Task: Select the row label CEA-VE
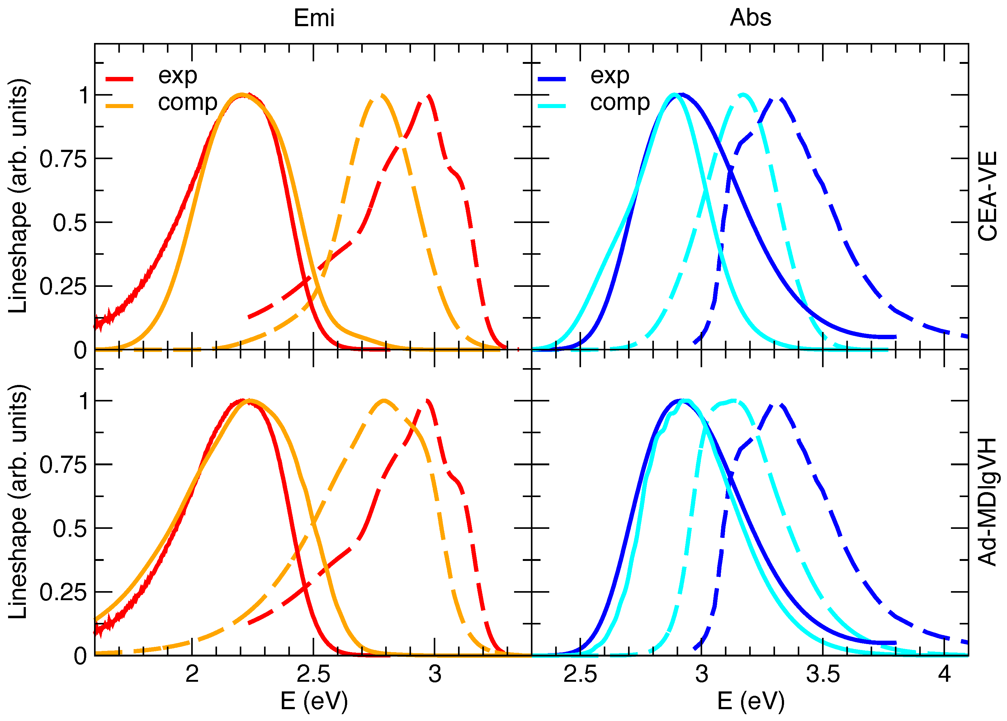988,196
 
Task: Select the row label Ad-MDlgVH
988,502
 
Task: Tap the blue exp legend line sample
552,79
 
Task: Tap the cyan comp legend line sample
552,106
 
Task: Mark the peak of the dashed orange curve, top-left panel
382,95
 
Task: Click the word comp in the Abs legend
620,103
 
